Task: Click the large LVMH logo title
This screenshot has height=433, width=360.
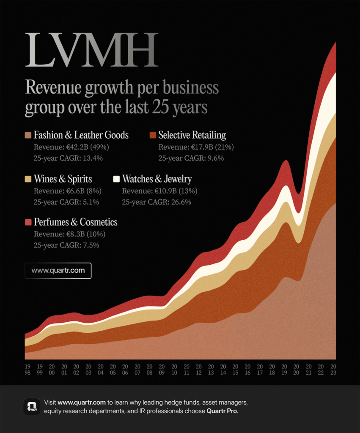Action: coord(91,50)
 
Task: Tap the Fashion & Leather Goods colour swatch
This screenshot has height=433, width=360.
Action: coord(28,135)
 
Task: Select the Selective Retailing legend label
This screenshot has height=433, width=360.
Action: coord(192,135)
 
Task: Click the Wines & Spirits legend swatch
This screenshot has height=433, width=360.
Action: coord(28,179)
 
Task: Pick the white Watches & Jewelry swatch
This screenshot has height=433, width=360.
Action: coord(116,179)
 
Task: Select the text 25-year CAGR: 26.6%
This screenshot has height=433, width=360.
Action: coord(157,202)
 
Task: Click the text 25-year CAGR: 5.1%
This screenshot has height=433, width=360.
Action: coord(66,202)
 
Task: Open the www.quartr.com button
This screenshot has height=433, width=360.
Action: coord(58,271)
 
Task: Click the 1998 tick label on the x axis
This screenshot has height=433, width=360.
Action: coord(27,370)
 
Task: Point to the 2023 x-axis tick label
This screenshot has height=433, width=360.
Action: coord(333,370)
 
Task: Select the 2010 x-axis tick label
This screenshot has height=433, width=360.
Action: coord(174,370)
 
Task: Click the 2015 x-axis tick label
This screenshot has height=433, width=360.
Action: coord(235,370)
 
